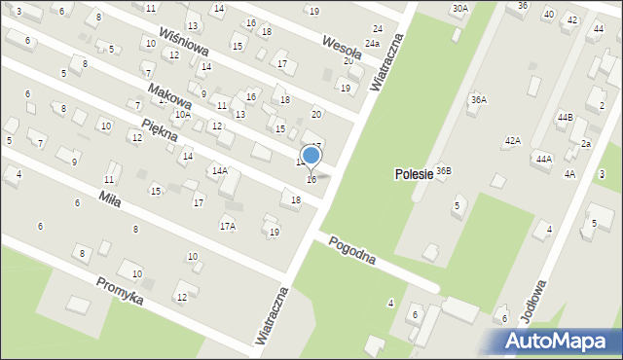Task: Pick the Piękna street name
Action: point(159,129)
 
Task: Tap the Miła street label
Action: point(110,197)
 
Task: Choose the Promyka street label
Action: point(120,290)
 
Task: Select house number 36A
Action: point(478,99)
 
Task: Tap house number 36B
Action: point(444,170)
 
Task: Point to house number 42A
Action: point(513,141)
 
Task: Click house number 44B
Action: point(565,117)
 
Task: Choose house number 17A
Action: point(227,226)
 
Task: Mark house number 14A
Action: point(219,170)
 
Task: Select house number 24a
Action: point(372,44)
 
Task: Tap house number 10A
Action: point(182,115)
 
